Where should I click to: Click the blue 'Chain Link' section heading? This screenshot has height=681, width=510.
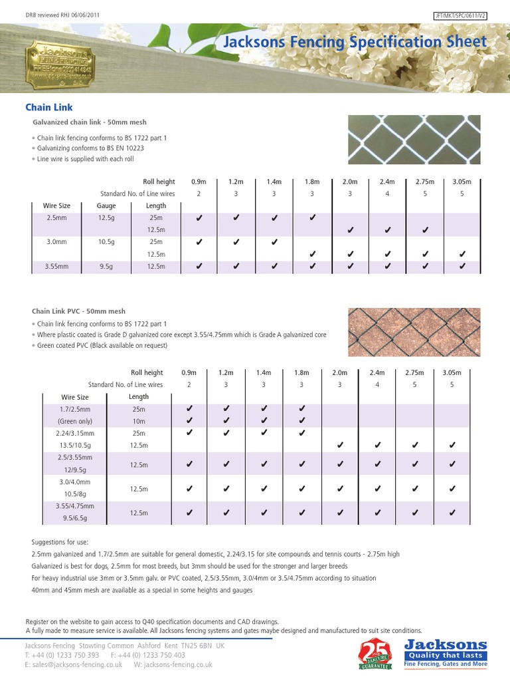[48, 107]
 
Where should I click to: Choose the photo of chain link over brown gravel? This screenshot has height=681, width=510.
[414, 332]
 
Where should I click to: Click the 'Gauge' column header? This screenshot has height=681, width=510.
[106, 205]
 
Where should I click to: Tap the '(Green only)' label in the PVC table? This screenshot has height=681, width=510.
[75, 421]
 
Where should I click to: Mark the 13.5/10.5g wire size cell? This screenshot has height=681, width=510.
[75, 445]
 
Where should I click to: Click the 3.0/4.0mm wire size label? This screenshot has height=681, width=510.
[75, 481]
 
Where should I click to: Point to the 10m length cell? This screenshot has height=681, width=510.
[139, 421]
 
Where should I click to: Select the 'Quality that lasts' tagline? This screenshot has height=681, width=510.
[446, 655]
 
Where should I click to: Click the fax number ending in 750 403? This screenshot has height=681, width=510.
[147, 655]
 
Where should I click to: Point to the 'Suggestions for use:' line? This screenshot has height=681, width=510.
[60, 542]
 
